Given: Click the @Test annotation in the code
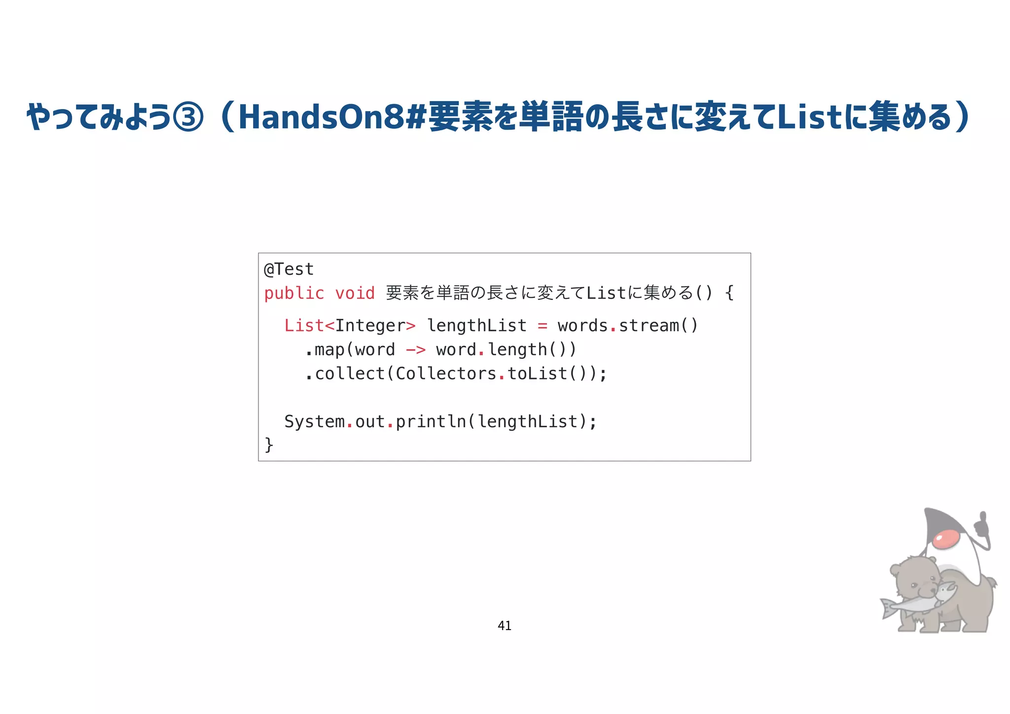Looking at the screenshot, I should pos(289,269).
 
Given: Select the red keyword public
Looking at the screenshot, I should pos(294,293).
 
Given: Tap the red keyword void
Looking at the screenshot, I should pos(355,293).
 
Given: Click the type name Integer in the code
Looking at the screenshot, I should pos(370,326).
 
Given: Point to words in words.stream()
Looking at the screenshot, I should pos(582,326).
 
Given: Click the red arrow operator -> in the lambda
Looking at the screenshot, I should pos(415,350).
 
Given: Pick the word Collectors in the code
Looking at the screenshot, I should pos(446,374).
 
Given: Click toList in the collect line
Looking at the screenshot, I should pos(537,374).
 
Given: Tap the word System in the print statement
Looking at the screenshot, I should pos(314,421).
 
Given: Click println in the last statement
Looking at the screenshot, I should pos(431,421).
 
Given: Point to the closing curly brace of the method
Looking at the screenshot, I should pos(269,445).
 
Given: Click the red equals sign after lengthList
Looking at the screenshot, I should pos(542,326).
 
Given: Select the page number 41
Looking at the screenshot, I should pos(505,626).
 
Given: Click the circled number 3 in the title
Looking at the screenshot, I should pos(187,117).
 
